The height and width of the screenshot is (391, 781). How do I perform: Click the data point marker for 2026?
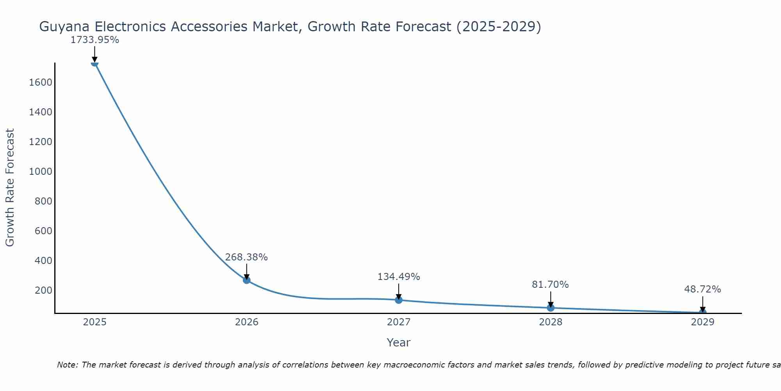[x=246, y=280]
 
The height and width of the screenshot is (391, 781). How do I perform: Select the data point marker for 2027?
[x=399, y=300]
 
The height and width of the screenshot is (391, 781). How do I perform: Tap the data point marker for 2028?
[x=551, y=308]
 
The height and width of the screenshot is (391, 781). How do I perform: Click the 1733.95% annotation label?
[x=95, y=40]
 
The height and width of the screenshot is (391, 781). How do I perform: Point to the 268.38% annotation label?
[x=246, y=257]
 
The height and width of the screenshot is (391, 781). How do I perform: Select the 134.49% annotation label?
[x=399, y=277]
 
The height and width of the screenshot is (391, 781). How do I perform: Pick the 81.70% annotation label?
[x=550, y=285]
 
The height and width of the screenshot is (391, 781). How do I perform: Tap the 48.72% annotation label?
[x=703, y=289]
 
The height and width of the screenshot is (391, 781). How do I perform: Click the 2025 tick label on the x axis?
[x=95, y=322]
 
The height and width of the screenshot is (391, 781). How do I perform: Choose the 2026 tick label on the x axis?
[x=247, y=322]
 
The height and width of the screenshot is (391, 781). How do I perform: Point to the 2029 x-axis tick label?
[x=703, y=322]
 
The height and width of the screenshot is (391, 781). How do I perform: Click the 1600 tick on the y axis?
[x=41, y=83]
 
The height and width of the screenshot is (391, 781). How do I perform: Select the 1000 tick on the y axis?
[x=41, y=172]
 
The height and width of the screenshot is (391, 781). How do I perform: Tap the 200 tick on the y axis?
[x=43, y=291]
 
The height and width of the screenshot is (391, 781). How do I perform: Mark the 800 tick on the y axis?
[x=43, y=201]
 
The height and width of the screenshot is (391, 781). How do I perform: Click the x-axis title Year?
[x=398, y=343]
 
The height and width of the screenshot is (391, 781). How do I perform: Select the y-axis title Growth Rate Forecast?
[x=10, y=188]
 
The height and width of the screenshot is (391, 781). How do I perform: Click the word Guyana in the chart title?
[x=65, y=27]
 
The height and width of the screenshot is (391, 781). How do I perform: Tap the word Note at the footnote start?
[x=68, y=365]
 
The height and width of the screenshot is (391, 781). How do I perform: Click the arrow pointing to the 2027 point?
[x=399, y=292]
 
